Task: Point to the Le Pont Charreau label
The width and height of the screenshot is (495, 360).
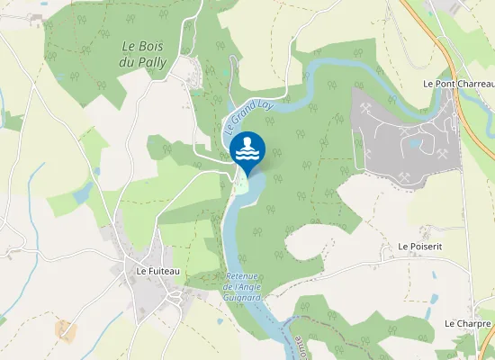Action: (x=458, y=83)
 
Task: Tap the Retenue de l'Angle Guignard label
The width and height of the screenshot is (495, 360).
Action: (x=243, y=285)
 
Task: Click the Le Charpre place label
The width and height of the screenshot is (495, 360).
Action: (x=467, y=322)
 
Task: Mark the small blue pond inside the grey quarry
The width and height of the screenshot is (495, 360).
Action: (x=415, y=142)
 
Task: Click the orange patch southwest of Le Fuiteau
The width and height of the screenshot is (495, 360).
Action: (x=66, y=330)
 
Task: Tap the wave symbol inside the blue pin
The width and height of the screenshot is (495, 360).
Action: (x=247, y=148)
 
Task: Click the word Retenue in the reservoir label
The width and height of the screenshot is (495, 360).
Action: (x=243, y=276)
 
